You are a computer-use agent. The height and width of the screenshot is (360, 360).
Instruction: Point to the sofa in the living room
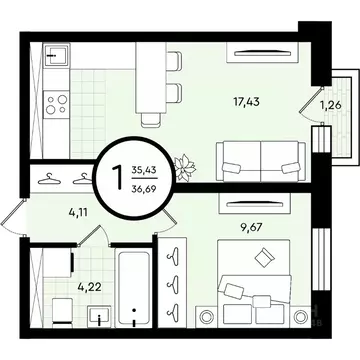point(260,158)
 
